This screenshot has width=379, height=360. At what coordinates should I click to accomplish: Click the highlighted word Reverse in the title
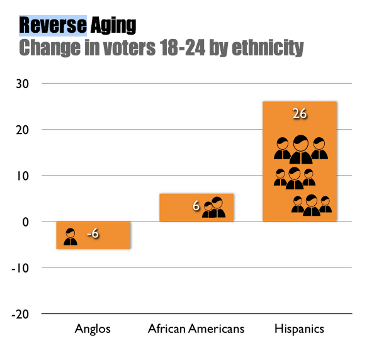pos(53,25)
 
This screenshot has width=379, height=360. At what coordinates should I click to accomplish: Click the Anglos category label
pos(93,329)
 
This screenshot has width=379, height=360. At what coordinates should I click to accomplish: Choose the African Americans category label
pos(196,329)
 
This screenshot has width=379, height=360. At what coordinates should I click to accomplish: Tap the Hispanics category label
pos(299,329)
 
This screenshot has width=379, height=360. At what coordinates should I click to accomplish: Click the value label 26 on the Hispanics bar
pos(299,114)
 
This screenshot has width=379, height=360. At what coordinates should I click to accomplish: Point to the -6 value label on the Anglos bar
pos(93,235)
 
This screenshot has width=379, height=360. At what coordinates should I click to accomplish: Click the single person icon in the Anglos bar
pos(71,236)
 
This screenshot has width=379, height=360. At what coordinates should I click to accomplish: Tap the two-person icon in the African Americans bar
pos(213,208)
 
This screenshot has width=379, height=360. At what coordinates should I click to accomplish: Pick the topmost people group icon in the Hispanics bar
pos(300,149)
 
